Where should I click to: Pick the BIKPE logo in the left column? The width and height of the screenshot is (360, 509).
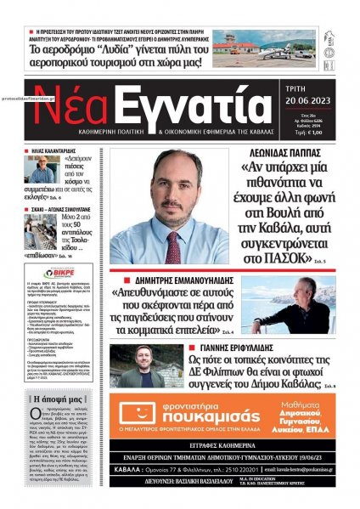click(60, 273)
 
